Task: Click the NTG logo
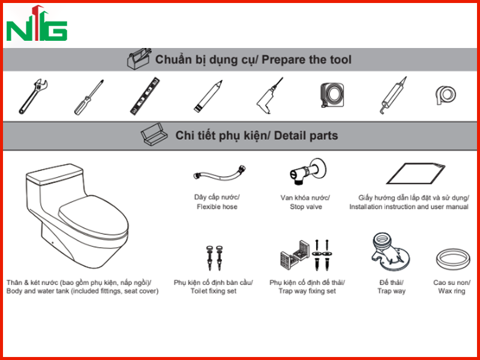(x=37, y=24)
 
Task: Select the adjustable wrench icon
(x=33, y=97)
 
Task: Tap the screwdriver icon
(x=89, y=97)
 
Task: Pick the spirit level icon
(x=145, y=96)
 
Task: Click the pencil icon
(x=208, y=96)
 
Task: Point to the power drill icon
(x=269, y=97)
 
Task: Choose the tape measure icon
(x=332, y=95)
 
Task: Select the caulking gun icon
(x=393, y=95)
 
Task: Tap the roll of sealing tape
(x=446, y=95)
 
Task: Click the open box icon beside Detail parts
(x=154, y=134)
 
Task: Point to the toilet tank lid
(x=55, y=174)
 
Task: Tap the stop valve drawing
(x=308, y=171)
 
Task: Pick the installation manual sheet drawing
(x=415, y=173)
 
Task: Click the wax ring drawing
(x=453, y=259)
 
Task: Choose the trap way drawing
(x=390, y=252)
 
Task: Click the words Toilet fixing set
(x=214, y=291)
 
